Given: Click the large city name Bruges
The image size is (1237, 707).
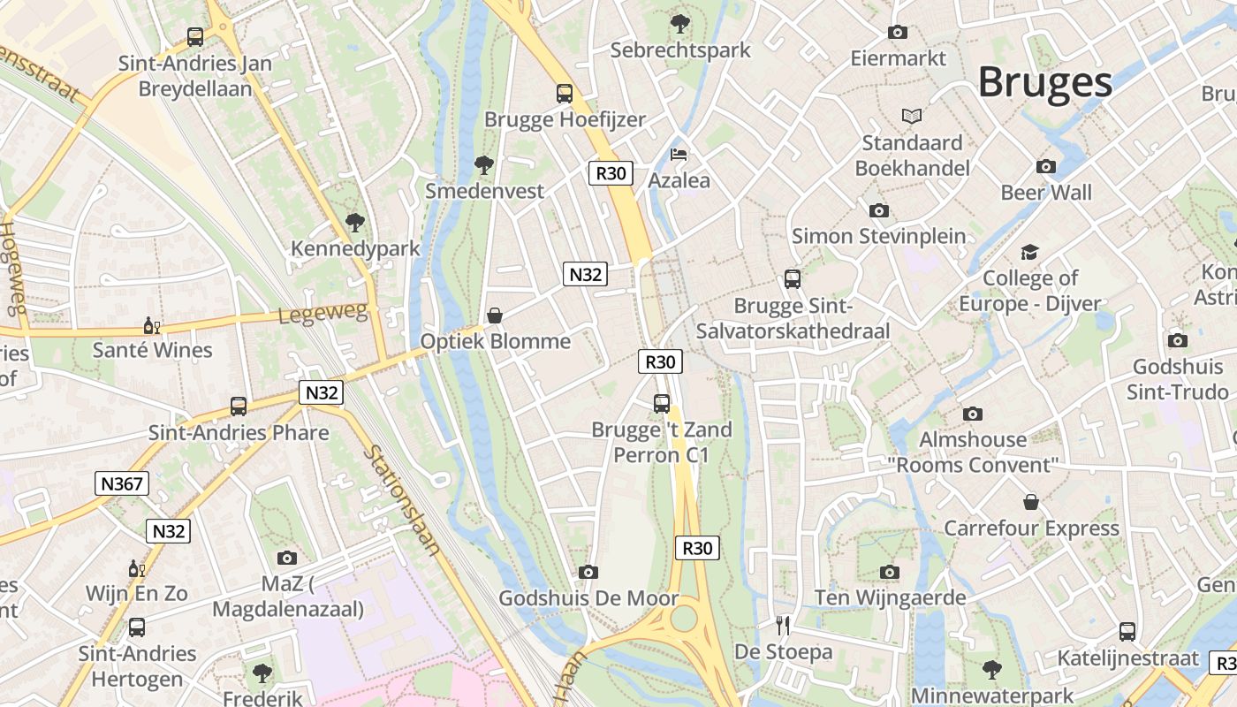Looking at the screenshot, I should click(x=1044, y=82).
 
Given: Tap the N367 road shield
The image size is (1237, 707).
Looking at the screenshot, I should click(x=122, y=483).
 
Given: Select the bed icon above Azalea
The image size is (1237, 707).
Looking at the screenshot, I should click(x=679, y=155).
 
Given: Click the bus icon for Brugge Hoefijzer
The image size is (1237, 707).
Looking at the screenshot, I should click(x=564, y=93).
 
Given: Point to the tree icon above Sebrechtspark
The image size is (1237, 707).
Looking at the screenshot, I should click(x=679, y=23).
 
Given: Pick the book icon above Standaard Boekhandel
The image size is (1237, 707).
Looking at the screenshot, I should click(x=912, y=116).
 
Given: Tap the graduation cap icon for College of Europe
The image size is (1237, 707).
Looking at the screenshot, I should click(x=1029, y=253).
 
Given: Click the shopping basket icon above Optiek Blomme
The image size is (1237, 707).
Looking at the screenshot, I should click(x=495, y=315).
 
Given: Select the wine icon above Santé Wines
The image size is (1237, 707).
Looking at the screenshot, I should click(x=151, y=325).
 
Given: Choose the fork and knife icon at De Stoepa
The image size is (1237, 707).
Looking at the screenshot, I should click(x=782, y=626).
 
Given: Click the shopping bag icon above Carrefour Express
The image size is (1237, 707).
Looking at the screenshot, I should click(x=1030, y=502).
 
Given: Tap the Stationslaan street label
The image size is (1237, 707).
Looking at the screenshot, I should click(x=403, y=499).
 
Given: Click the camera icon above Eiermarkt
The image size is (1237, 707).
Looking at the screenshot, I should click(x=898, y=33).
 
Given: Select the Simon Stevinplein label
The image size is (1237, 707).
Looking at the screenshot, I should click(x=878, y=236).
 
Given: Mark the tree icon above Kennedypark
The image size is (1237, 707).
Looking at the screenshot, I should click(x=355, y=222).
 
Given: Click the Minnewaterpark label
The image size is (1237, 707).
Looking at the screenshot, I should click(x=992, y=696).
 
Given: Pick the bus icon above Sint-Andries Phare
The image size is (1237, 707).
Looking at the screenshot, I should click(x=239, y=407).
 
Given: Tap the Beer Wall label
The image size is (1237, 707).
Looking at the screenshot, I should click(x=1046, y=192).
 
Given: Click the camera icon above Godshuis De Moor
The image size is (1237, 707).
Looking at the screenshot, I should click(x=588, y=573).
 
